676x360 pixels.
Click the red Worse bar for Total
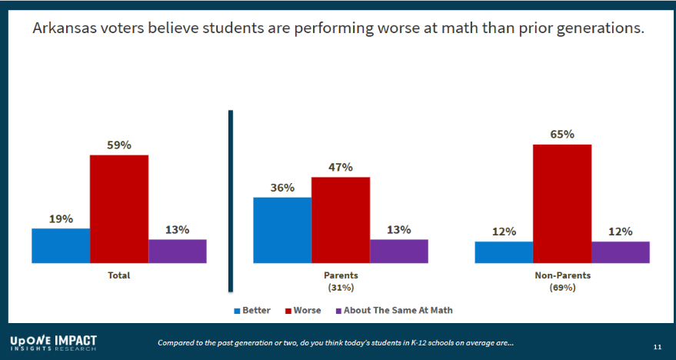coord(119,208)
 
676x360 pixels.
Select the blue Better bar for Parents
coord(282,230)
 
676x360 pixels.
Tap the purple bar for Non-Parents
coord(620,252)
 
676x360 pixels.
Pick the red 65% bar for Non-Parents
coord(561,203)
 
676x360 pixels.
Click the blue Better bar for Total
coord(61,245)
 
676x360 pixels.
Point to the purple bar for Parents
coord(398,251)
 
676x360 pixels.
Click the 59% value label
coord(119,144)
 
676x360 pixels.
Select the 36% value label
coord(282,187)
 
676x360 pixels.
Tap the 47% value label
coord(340,167)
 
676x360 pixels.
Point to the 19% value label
coord(61,218)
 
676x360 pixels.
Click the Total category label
coord(118,275)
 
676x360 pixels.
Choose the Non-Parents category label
coord(561,275)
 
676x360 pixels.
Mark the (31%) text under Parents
coord(341,288)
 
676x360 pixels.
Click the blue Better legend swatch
coord(237,311)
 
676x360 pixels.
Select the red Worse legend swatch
coord(288,311)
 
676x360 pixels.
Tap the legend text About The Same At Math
coord(398,311)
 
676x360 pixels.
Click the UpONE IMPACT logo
coord(54,343)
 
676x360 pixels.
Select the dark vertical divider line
coord(230,201)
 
